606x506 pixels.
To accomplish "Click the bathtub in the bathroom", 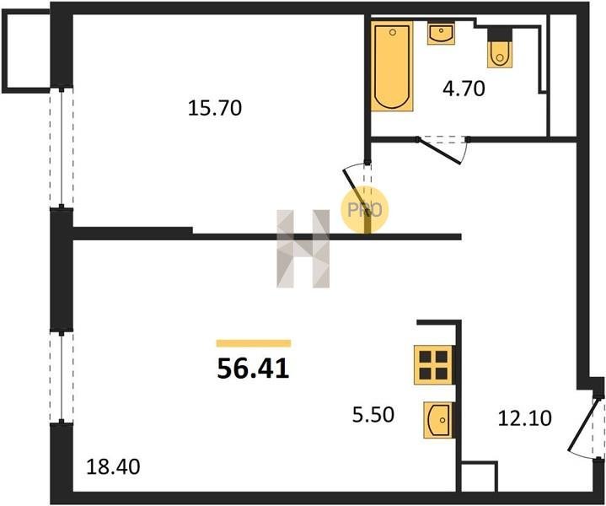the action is tap(392, 66).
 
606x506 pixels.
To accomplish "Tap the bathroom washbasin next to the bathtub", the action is tap(441, 33).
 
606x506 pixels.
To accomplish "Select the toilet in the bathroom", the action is tap(500, 48).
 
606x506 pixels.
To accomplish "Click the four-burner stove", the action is tap(433, 365).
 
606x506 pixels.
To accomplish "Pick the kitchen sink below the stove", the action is tap(438, 420).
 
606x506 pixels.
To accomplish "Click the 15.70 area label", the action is tap(215, 108).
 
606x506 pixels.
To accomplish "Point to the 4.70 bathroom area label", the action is tap(464, 89).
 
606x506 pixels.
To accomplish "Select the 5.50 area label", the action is tap(373, 415).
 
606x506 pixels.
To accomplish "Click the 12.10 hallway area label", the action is tap(524, 418).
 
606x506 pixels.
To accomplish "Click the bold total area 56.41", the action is tap(253, 369).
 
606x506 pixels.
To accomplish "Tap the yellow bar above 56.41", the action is tap(254, 343).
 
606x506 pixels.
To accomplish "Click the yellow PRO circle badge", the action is tap(364, 210).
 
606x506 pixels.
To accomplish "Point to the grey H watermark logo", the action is tap(303, 249).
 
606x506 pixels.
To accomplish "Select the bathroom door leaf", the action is tap(440, 151).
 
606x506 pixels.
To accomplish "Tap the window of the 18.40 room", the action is tap(62, 377).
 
